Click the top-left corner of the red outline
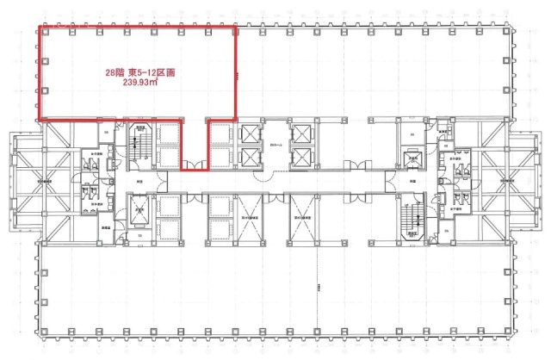click(x=36, y=27)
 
